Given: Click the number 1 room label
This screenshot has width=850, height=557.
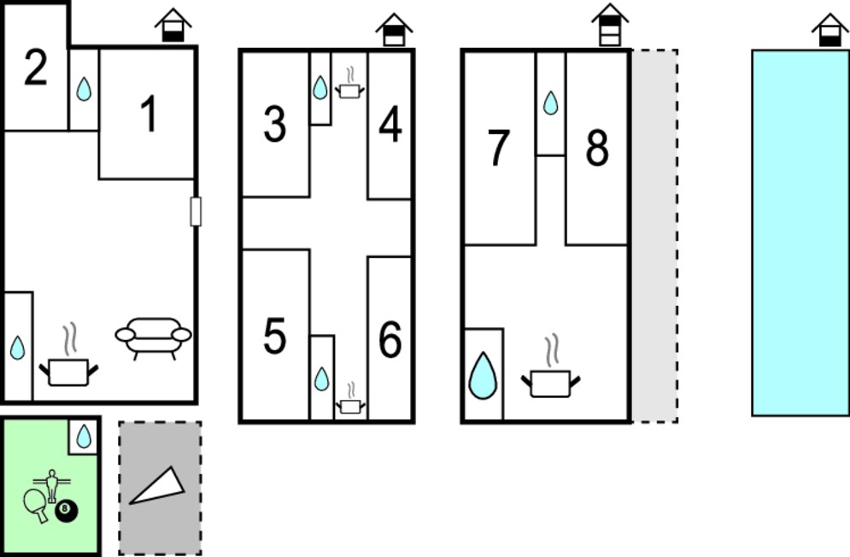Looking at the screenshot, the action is click(x=149, y=114).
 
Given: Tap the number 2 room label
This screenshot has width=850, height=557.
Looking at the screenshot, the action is click(x=36, y=67).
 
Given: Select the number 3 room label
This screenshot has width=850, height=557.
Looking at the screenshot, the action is click(x=275, y=124).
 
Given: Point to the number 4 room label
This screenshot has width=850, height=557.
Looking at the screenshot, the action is click(x=390, y=124).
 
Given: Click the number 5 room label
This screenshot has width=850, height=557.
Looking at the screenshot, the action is click(x=274, y=337).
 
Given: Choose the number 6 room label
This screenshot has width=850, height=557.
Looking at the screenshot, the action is click(x=390, y=339).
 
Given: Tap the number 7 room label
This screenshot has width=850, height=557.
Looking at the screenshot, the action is click(x=499, y=148).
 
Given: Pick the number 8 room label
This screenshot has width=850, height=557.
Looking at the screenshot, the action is click(x=597, y=148).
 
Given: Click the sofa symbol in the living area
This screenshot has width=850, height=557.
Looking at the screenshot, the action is click(x=154, y=338).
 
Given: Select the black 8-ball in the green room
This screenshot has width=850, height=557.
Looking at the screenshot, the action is click(x=66, y=510).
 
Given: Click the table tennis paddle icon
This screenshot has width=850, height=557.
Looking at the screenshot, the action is click(x=35, y=504).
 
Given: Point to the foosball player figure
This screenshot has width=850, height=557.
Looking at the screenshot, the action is click(x=52, y=484).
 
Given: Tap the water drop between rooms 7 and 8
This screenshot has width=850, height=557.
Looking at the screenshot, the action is click(x=551, y=103).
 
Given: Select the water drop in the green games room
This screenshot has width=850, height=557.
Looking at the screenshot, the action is click(x=84, y=436).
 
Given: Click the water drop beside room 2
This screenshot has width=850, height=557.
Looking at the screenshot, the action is click(x=84, y=89).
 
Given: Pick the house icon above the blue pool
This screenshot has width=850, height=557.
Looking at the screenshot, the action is click(x=830, y=31).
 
